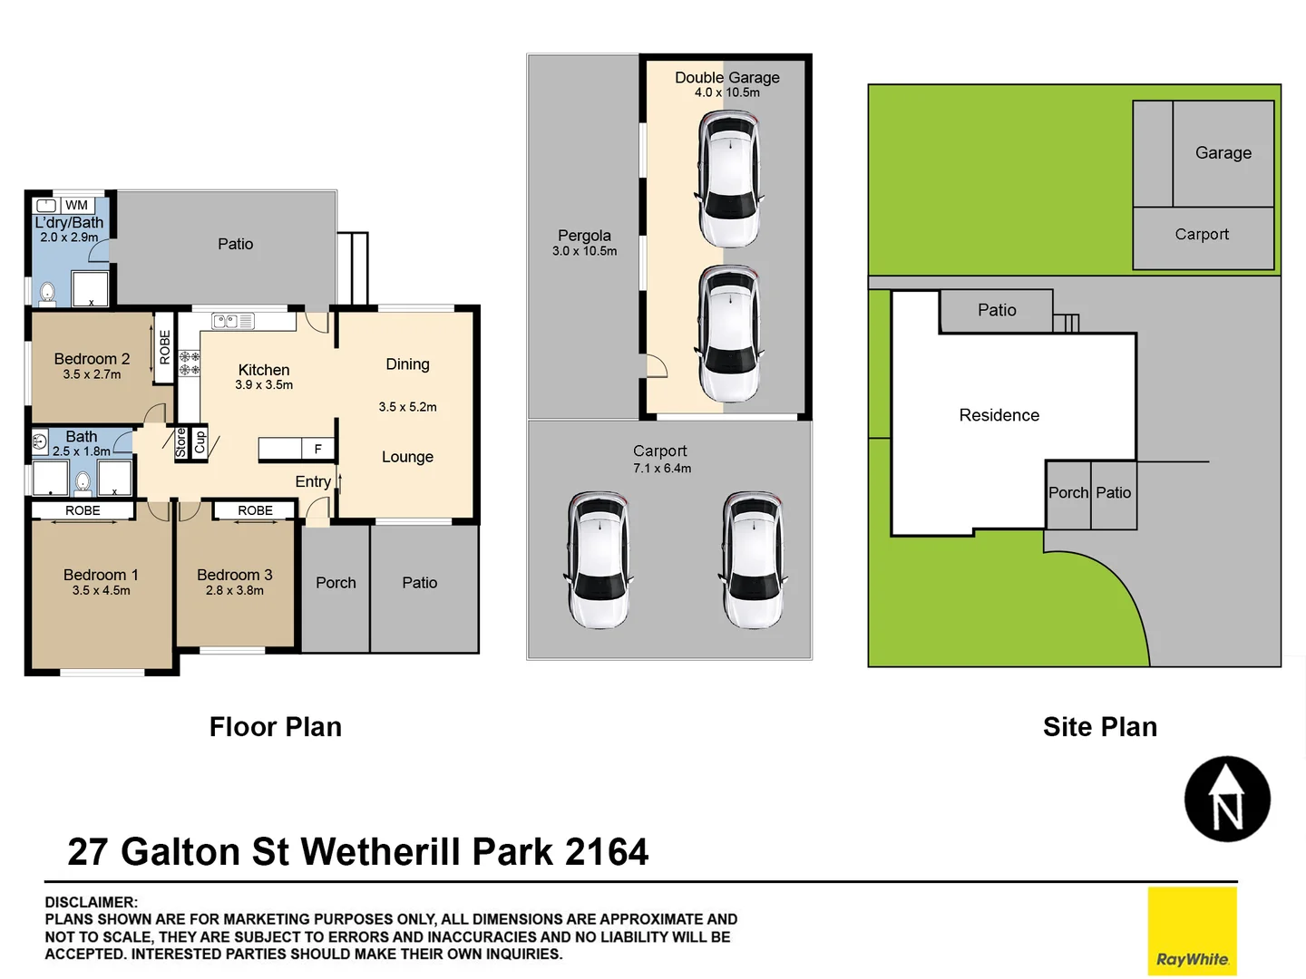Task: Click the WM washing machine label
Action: [x=77, y=205]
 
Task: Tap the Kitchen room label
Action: [x=264, y=370]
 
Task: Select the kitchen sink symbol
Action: [x=233, y=321]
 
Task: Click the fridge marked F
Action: [x=317, y=449]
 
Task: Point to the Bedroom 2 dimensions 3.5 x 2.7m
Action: [x=92, y=374]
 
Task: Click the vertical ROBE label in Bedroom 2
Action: [x=164, y=347]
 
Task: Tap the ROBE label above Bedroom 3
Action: [x=255, y=510]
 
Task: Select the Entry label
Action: [x=313, y=481]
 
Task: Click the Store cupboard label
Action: [x=180, y=442]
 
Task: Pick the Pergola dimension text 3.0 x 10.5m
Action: [x=584, y=251]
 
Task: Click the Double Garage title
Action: [x=726, y=77]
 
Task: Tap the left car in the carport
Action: [x=598, y=561]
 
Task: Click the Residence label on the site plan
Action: [x=999, y=415]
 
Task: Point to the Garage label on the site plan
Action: [x=1223, y=153]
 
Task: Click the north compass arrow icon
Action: [x=1227, y=799]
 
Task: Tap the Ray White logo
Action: [x=1192, y=931]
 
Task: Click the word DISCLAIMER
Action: [x=91, y=902]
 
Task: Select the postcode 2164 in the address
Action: [x=607, y=852]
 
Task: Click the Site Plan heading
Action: [x=1099, y=727]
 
